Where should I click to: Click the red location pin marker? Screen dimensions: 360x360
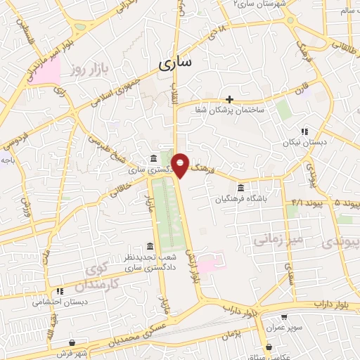tap(181, 165)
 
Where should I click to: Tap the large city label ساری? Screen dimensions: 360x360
tap(174, 65)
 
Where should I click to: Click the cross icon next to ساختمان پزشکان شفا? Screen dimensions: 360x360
tap(230, 99)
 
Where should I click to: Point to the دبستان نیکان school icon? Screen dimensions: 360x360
tap(304, 131)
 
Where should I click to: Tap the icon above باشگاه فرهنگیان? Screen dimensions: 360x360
tap(241, 188)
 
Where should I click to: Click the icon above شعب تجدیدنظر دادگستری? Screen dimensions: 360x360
tap(150, 245)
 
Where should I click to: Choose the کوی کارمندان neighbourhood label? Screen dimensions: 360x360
tap(103, 278)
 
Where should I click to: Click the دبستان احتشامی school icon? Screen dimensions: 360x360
tap(60, 290)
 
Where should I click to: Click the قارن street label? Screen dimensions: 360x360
tap(303, 90)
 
